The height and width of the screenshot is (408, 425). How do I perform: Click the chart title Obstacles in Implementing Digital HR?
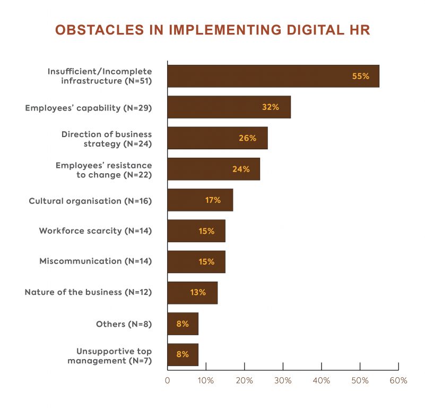coord(212,30)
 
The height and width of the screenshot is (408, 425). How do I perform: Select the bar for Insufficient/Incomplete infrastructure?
coord(273,76)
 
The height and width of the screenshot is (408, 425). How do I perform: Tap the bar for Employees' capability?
coord(229,107)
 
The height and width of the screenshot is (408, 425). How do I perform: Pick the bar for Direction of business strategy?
coord(218,138)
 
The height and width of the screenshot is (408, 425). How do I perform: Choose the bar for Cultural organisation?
coord(200,200)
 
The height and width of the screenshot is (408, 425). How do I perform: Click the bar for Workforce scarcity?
coord(196,231)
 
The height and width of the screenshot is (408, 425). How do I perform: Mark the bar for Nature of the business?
coord(192,293)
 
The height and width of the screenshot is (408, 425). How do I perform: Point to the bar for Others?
coord(183,324)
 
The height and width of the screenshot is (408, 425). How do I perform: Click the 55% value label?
coord(360,76)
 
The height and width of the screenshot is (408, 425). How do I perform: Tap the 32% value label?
coord(270,107)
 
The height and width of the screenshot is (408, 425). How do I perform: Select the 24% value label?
coord(240,169)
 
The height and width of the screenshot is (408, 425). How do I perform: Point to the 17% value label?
coord(213,200)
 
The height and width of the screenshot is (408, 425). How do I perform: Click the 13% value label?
coord(198,293)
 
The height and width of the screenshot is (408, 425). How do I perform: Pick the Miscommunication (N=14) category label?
coord(96,261)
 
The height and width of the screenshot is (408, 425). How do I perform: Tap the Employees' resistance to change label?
coord(103,170)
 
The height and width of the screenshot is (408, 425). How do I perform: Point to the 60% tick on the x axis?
coord(398,381)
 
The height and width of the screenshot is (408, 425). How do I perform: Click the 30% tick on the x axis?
coord(283,381)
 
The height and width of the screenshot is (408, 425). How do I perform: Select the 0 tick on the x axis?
coord(168,381)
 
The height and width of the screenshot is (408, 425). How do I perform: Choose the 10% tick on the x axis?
coord(206,381)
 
